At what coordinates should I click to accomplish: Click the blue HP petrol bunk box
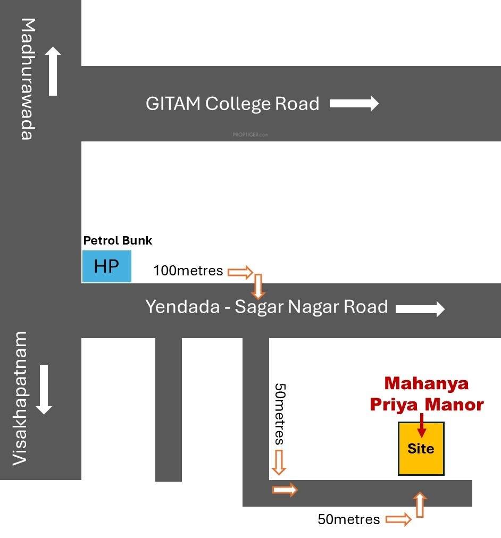tap(107, 266)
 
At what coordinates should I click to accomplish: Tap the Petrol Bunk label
tap(118, 240)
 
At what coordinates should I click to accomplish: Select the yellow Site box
tap(421, 449)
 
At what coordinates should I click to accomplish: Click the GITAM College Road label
tap(232, 104)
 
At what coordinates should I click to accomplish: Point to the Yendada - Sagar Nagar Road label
tap(266, 307)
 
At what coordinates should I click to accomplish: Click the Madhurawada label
tap(28, 79)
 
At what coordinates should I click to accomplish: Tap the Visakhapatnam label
tap(20, 398)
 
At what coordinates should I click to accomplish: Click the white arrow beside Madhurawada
tap(53, 71)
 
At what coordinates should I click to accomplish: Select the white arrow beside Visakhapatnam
tap(44, 390)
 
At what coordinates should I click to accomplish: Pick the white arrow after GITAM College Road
tap(354, 103)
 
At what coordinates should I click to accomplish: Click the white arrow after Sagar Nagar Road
tap(420, 309)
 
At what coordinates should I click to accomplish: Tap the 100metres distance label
tap(188, 271)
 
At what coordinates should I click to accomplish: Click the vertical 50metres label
tap(280, 414)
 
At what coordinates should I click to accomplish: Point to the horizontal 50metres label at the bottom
tap(349, 519)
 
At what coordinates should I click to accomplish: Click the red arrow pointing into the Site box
tap(422, 425)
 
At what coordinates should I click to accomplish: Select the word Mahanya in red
tap(426, 383)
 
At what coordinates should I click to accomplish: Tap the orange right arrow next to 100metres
tap(240, 272)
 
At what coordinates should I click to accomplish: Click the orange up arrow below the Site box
tap(420, 505)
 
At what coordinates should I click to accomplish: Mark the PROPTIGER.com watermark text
tap(250, 135)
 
